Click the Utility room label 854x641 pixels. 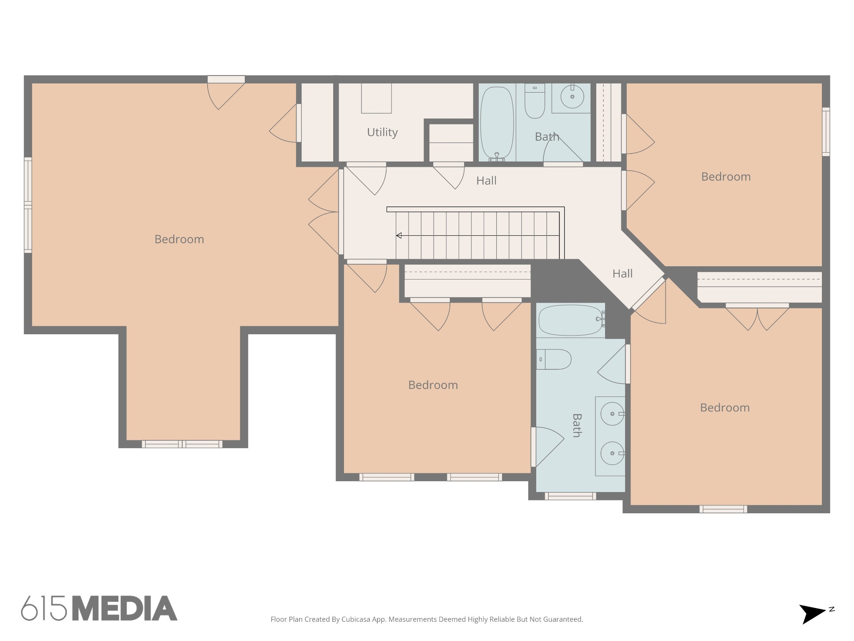click(x=382, y=132)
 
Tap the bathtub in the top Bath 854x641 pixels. click(x=497, y=123)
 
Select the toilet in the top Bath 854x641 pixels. click(x=535, y=101)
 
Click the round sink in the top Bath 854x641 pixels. click(x=572, y=96)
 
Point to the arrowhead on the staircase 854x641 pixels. click(x=399, y=235)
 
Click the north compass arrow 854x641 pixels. click(x=812, y=614)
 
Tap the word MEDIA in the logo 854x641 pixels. click(x=125, y=608)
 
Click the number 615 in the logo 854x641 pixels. click(x=44, y=608)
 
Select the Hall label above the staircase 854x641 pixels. click(x=486, y=181)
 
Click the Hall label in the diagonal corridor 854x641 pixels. click(x=622, y=274)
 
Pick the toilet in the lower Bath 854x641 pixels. click(x=553, y=359)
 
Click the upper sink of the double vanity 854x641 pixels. click(x=612, y=414)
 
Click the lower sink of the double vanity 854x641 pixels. click(x=612, y=453)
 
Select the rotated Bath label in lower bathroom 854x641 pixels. click(x=577, y=425)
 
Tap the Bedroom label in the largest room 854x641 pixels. click(x=179, y=239)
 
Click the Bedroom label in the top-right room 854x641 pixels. click(x=726, y=177)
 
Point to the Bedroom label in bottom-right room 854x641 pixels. click(x=725, y=407)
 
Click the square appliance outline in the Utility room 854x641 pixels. click(x=376, y=98)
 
